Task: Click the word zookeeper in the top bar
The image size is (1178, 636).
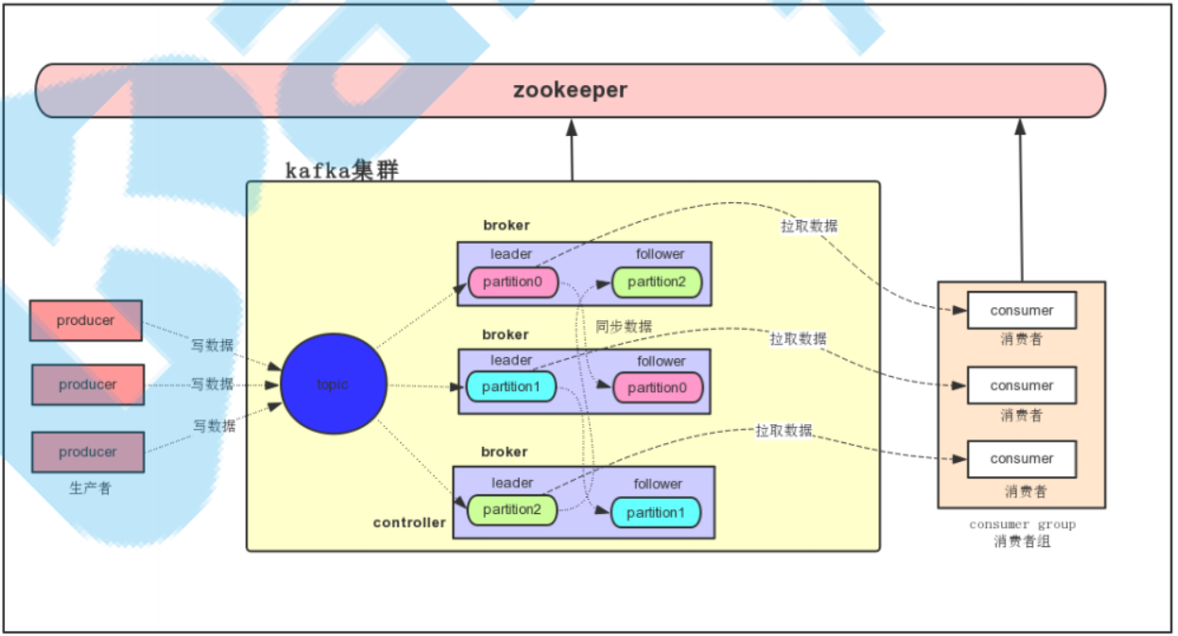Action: [570, 91]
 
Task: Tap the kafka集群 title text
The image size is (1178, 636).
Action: [342, 171]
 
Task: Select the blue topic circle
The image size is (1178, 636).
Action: [333, 385]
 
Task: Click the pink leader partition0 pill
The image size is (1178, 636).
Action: [514, 282]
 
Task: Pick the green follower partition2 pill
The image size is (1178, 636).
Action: [657, 282]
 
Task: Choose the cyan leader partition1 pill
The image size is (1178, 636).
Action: [510, 387]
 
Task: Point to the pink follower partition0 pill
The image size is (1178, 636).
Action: [657, 387]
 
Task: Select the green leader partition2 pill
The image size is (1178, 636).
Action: [512, 510]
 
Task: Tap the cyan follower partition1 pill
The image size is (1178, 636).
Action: [656, 512]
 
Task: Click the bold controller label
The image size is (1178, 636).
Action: [409, 523]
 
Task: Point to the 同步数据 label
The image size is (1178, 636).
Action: [623, 326]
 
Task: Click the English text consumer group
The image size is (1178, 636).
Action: [1022, 524]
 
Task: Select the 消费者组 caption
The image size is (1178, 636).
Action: [1022, 541]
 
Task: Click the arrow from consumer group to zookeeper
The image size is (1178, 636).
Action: [1021, 198]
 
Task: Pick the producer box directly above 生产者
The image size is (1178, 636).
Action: [88, 452]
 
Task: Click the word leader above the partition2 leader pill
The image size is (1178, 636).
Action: [512, 483]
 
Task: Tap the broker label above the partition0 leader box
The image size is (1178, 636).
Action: [506, 225]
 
